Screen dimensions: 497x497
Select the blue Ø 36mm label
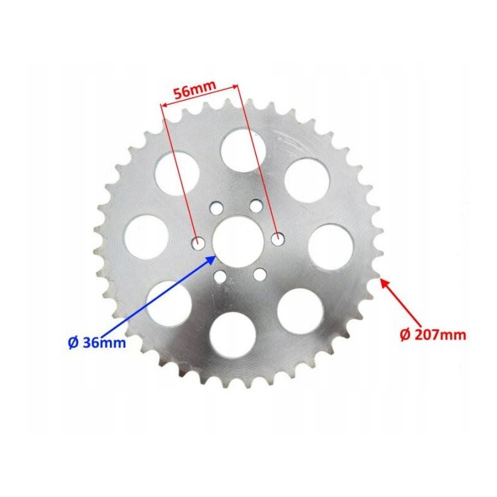(96, 342)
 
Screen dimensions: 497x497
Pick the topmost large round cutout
(243, 149)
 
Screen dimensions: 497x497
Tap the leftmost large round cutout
(147, 237)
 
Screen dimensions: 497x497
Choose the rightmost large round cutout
(331, 247)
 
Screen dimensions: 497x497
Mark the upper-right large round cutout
(306, 180)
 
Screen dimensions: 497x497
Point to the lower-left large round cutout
(169, 304)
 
